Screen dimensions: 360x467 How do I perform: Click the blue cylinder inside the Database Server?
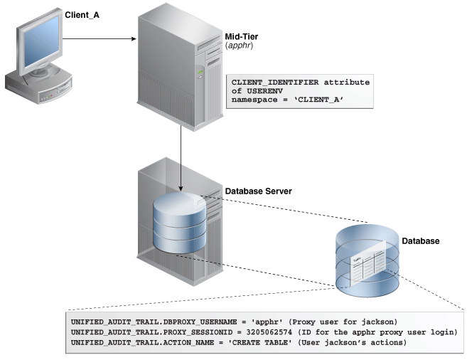pos(180,221)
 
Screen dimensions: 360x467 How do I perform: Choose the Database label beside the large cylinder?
pos(420,241)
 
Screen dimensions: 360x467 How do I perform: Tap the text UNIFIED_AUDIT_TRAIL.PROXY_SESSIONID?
pos(142,332)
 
